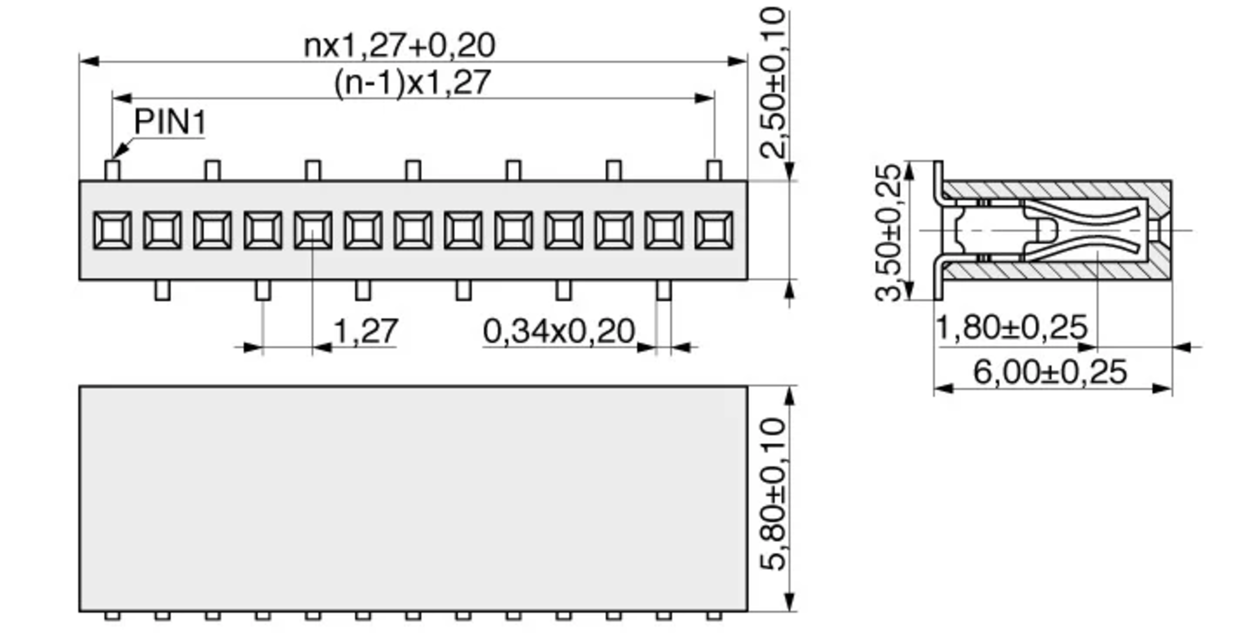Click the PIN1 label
coord(169,123)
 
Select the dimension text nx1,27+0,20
coord(399,45)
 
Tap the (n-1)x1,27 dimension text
coord(412,83)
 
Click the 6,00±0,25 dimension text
coord(1050,372)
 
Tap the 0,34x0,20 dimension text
coord(559,331)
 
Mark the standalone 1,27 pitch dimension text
coord(366,331)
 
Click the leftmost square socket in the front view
coord(112,230)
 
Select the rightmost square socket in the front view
coord(714,230)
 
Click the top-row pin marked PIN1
coord(112,170)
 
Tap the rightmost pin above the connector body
coord(714,170)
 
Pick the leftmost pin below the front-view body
coord(162,290)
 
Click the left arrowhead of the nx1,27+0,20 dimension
coord(89,62)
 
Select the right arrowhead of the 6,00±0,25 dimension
coord(1163,389)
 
